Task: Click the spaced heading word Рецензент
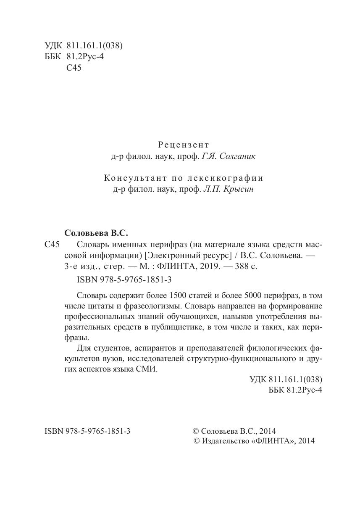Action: [183, 145]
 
